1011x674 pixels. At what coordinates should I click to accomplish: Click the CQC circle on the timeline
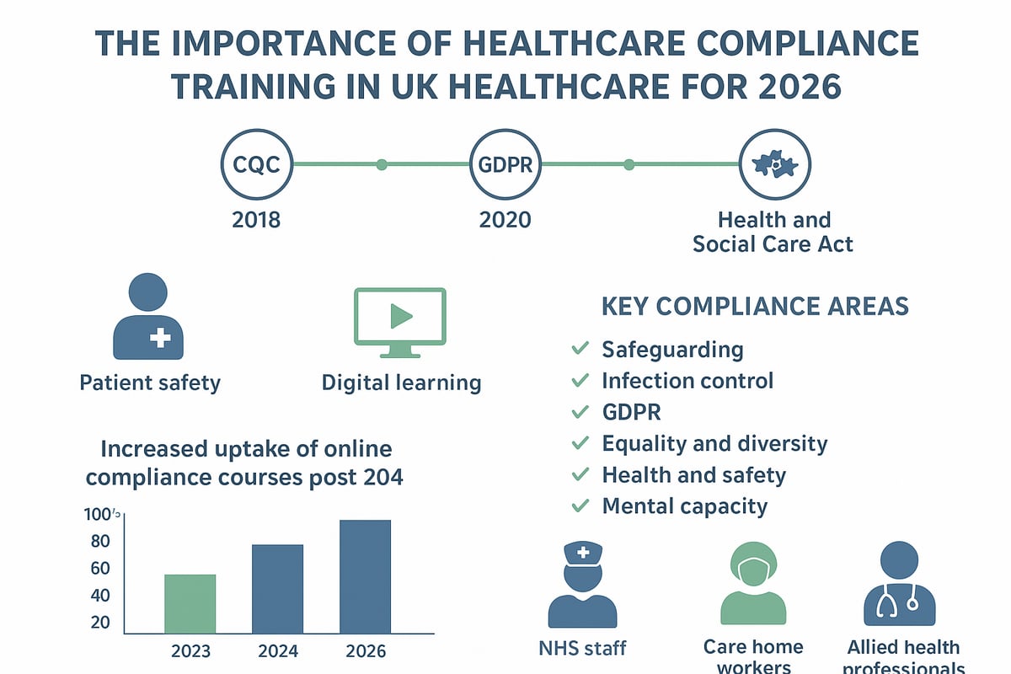(x=256, y=164)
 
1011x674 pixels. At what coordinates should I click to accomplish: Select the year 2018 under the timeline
(x=256, y=221)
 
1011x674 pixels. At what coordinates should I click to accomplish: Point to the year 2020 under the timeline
(x=505, y=221)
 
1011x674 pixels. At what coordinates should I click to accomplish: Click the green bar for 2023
(x=190, y=603)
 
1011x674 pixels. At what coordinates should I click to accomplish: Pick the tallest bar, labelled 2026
(x=365, y=576)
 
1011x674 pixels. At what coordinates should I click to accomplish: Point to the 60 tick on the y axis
(x=100, y=568)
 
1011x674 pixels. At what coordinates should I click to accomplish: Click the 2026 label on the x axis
(x=365, y=651)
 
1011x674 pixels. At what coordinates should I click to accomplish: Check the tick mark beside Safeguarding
(x=580, y=349)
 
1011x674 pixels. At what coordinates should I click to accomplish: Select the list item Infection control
(x=687, y=381)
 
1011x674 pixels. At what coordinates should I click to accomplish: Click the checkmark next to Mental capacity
(x=580, y=506)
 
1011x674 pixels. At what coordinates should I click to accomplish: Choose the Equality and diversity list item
(x=714, y=443)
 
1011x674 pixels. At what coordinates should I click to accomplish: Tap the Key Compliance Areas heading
(x=755, y=306)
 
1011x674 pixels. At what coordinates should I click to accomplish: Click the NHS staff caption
(x=582, y=649)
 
